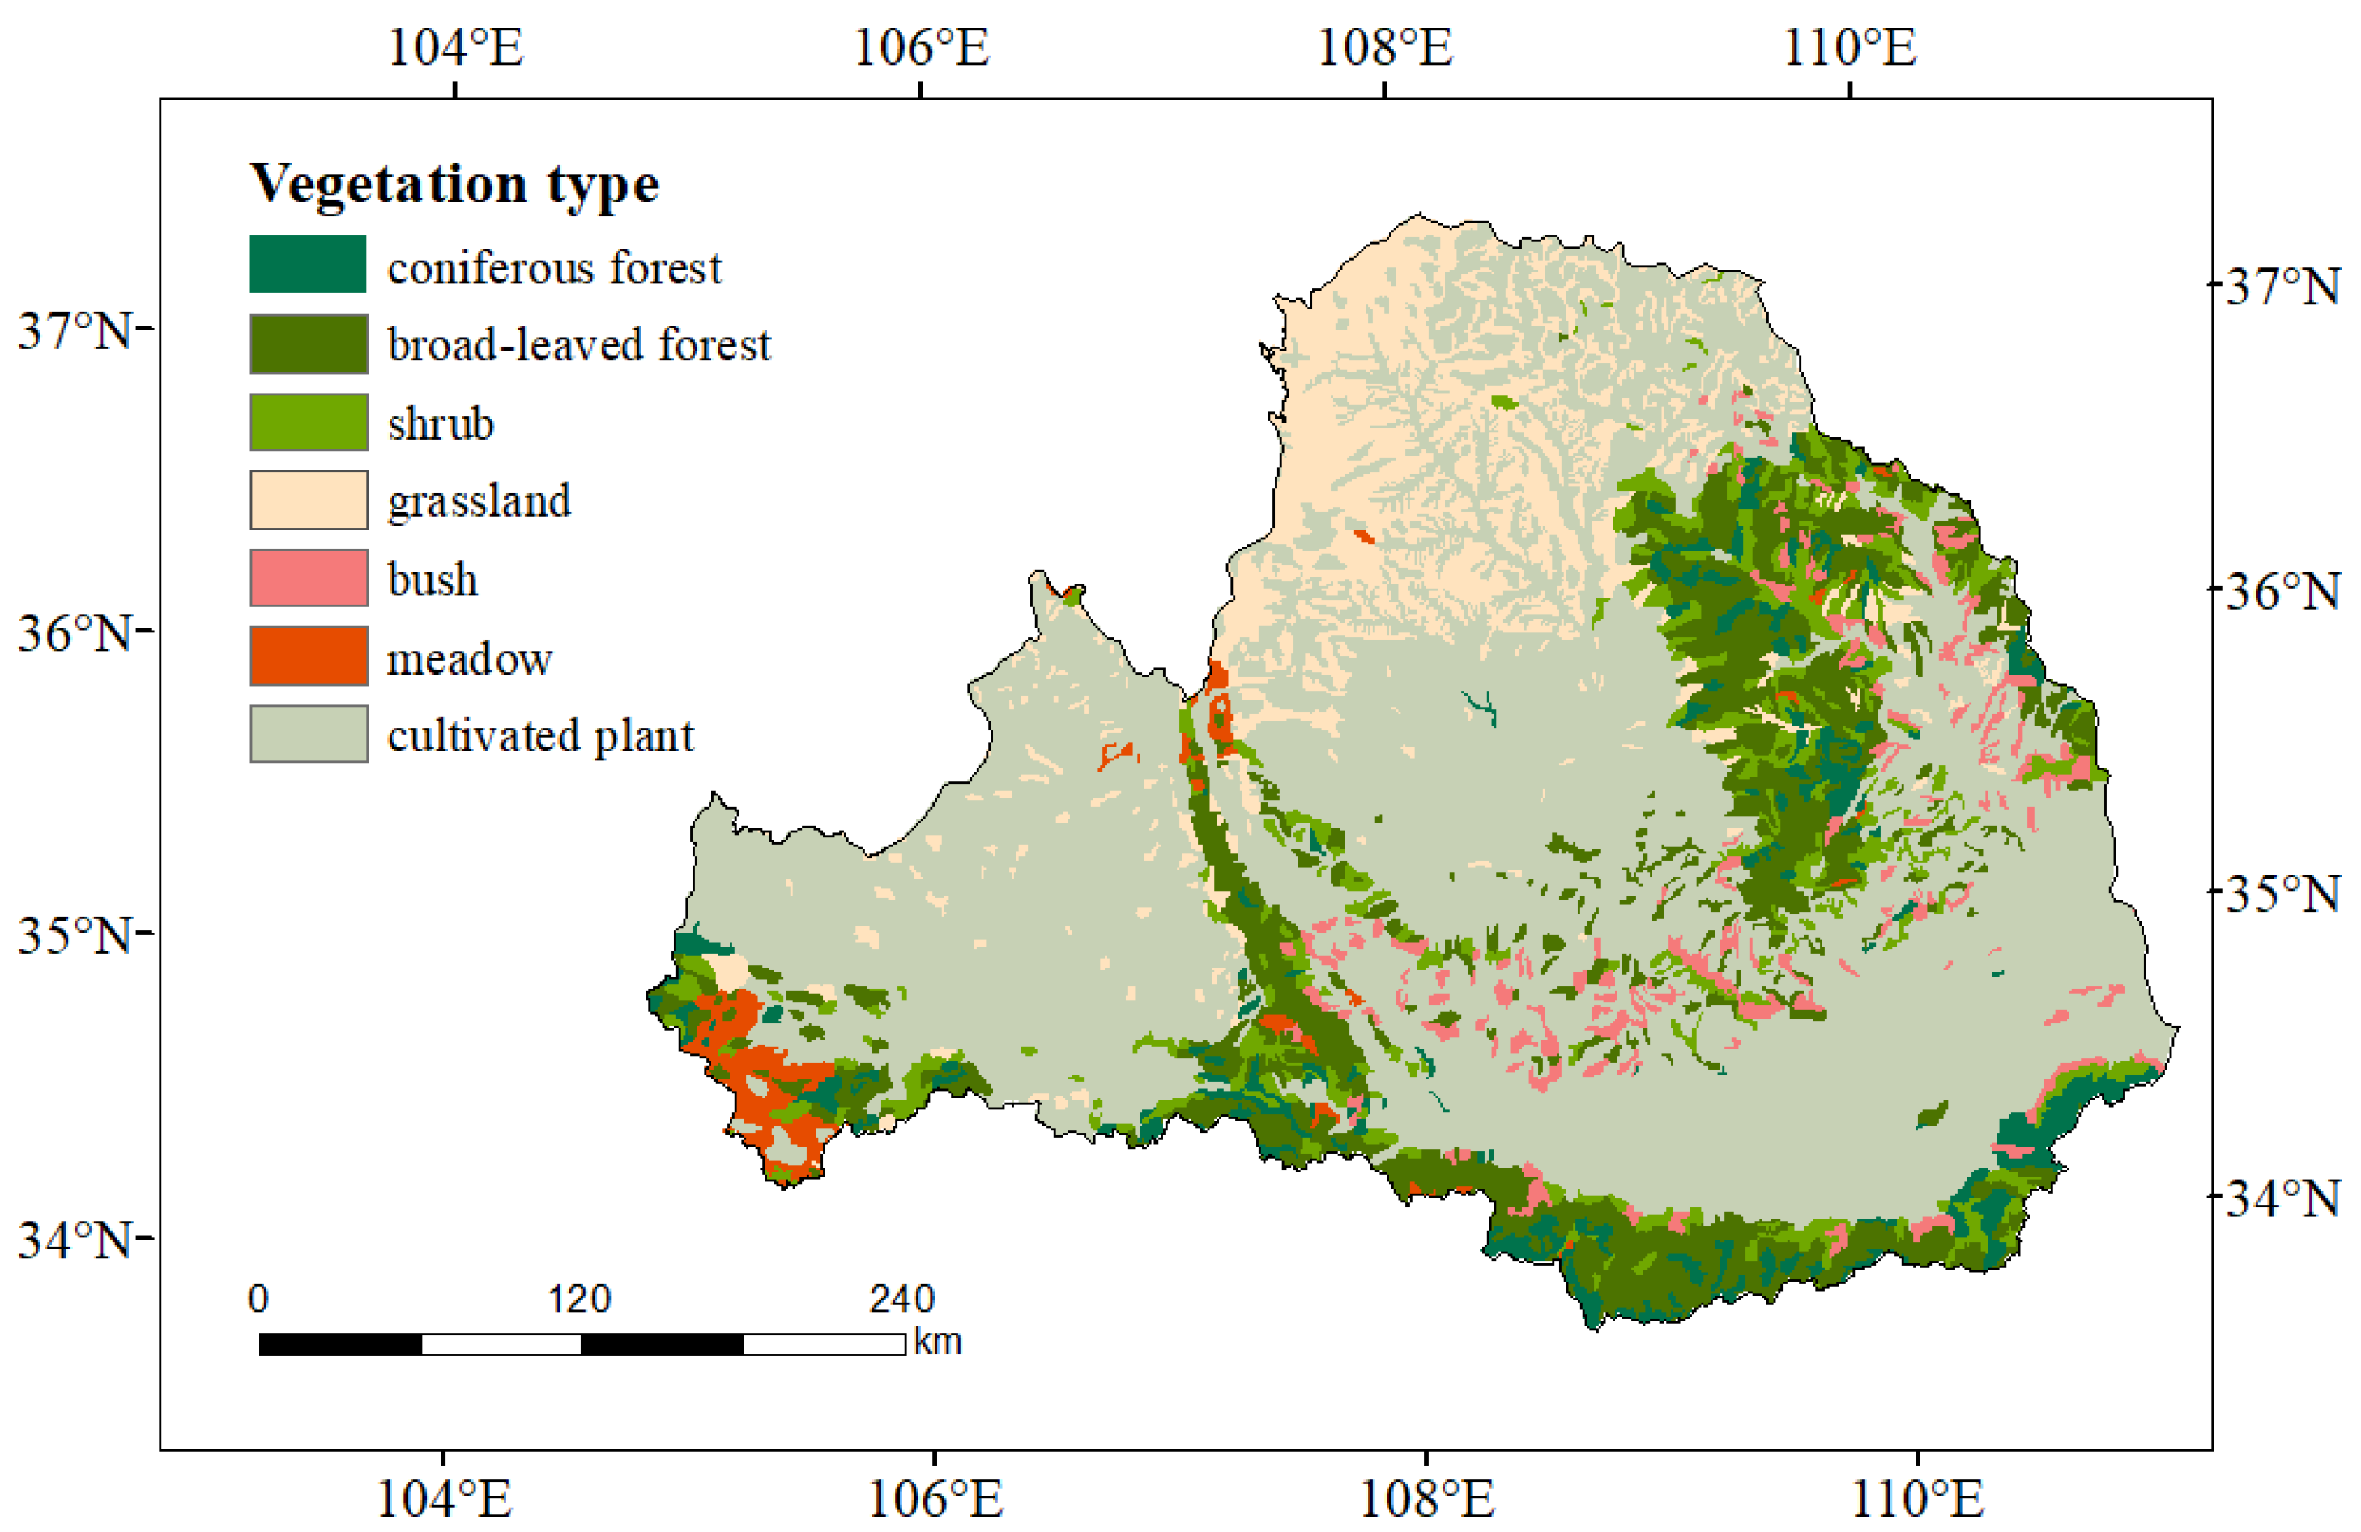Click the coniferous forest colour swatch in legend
pyautogui.click(x=308, y=264)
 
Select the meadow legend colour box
pyautogui.click(x=308, y=655)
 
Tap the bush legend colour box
pyautogui.click(x=308, y=578)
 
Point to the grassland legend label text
pyautogui.click(x=479, y=500)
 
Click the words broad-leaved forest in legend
pyautogui.click(x=578, y=345)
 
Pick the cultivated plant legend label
pyautogui.click(x=541, y=736)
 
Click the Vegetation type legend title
pyautogui.click(x=454, y=185)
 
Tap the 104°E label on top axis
pyautogui.click(x=455, y=47)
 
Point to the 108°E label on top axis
pyautogui.click(x=1384, y=47)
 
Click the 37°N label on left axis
pyautogui.click(x=75, y=330)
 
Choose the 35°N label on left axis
pyautogui.click(x=75, y=934)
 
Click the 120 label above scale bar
pyautogui.click(x=579, y=1299)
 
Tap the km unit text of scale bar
pyautogui.click(x=937, y=1342)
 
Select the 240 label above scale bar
pyautogui.click(x=901, y=1299)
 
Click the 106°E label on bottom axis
pyautogui.click(x=935, y=1498)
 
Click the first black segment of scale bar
pyautogui.click(x=340, y=1343)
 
